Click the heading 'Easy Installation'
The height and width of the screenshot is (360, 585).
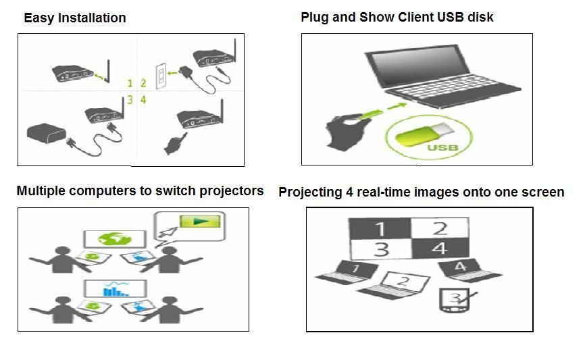[x=74, y=18]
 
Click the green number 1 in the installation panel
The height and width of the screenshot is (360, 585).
[x=130, y=84]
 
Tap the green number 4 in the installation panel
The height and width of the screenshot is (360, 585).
[x=143, y=100]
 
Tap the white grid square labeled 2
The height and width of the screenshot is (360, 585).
[x=440, y=228]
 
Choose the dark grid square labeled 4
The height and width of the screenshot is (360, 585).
[x=440, y=248]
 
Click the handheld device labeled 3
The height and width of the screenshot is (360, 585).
[x=452, y=299]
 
